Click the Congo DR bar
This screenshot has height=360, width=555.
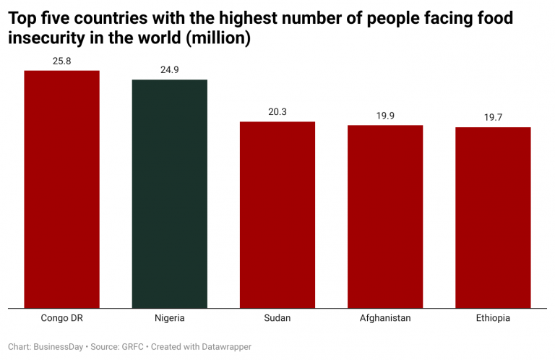(62, 189)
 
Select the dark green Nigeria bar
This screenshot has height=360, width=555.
(169, 194)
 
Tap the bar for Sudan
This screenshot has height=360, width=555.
(277, 215)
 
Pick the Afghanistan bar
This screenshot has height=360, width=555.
(385, 217)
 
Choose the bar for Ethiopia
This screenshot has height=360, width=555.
(493, 218)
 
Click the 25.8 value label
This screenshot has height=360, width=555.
(62, 61)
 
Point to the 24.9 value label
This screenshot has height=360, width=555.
(169, 70)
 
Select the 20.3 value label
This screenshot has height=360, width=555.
(277, 112)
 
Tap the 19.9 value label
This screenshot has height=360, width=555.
(385, 116)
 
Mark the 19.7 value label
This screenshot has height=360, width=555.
(493, 118)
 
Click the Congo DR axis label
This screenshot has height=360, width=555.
(62, 318)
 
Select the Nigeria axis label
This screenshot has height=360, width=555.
(169, 318)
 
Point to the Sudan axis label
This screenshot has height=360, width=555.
(277, 318)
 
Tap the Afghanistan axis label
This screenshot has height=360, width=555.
(385, 318)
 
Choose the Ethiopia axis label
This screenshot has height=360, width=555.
(493, 318)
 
